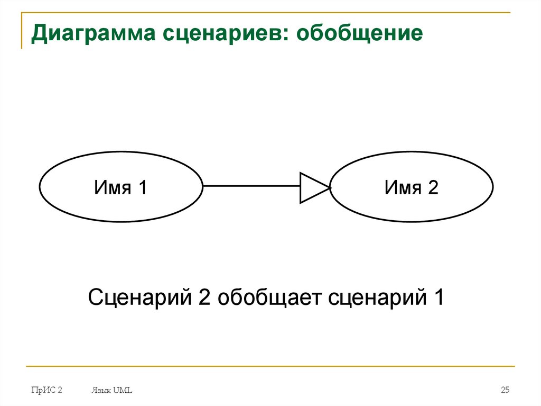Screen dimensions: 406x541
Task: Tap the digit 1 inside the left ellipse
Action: (x=141, y=187)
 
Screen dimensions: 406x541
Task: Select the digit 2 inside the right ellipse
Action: (x=433, y=187)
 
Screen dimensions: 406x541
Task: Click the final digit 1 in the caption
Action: (x=438, y=297)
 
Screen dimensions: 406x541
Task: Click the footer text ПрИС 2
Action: (x=46, y=390)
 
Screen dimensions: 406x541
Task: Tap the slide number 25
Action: (x=505, y=390)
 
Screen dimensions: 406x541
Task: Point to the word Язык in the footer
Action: (x=100, y=391)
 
